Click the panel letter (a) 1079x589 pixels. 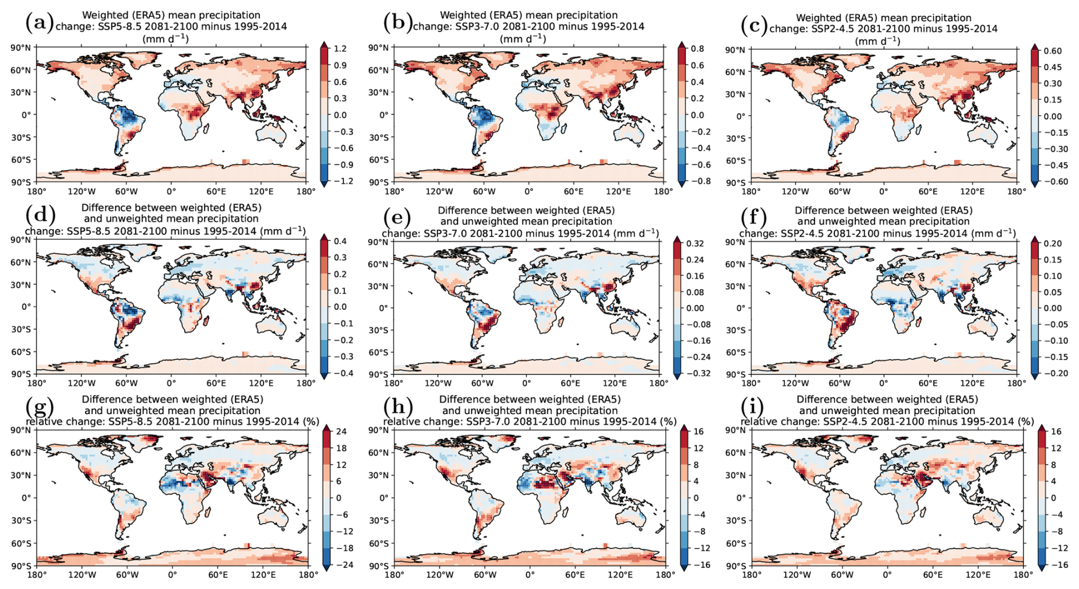(39, 23)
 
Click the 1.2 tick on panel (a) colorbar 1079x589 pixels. (340, 49)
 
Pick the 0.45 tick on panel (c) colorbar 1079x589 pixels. (1052, 67)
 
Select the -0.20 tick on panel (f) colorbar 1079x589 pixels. (1052, 373)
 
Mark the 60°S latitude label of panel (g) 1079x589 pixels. (21, 543)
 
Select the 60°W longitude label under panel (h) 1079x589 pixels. (485, 575)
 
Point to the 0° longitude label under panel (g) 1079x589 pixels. (172, 575)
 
